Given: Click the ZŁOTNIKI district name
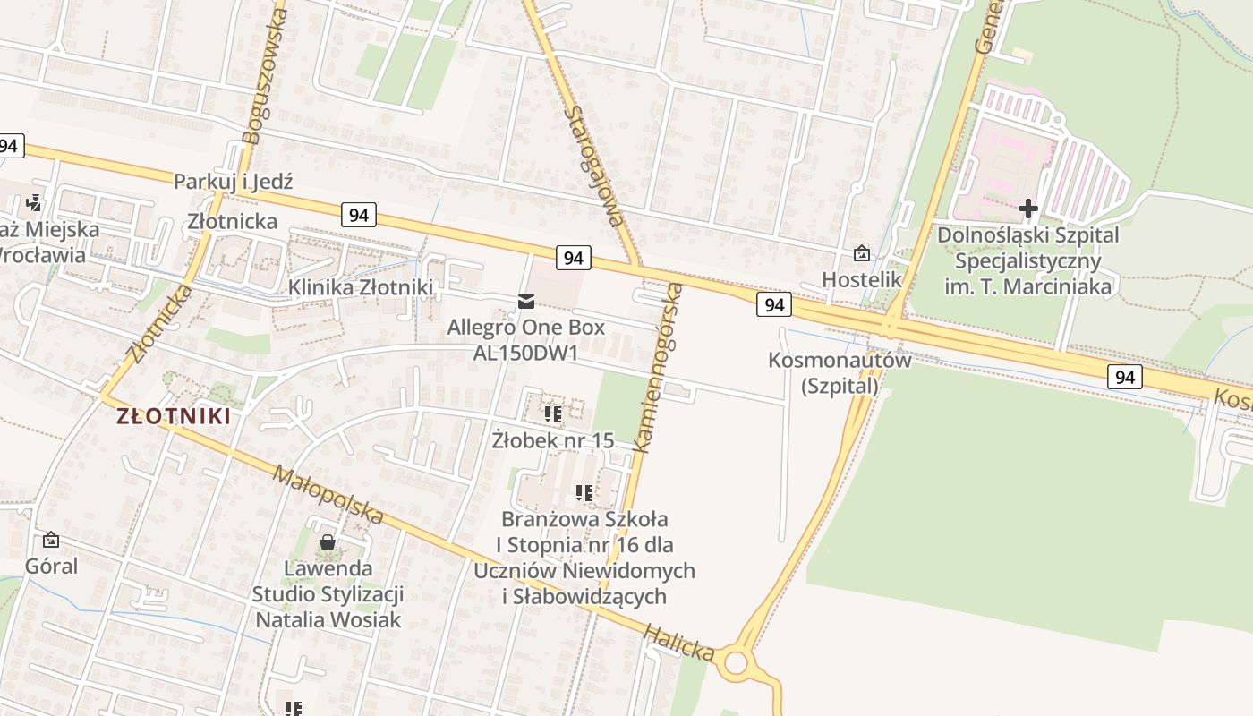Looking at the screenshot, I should click(x=174, y=416).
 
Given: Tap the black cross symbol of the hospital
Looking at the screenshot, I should click(x=1027, y=209).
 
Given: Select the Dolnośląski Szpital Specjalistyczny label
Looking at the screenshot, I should click(x=1027, y=260).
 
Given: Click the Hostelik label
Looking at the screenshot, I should click(x=862, y=279).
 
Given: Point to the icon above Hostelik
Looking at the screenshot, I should click(x=861, y=254).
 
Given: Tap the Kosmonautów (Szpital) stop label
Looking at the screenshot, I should click(x=840, y=372).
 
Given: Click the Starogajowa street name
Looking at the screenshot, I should click(x=594, y=166).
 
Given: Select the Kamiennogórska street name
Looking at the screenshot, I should click(x=658, y=367).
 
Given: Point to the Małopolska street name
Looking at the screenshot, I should click(x=328, y=495).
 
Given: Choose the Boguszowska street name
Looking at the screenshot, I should click(x=266, y=75).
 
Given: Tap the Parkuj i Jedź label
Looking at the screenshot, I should click(x=233, y=181).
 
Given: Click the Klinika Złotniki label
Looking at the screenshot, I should click(x=360, y=287).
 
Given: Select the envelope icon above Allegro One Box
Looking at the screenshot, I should click(x=525, y=302).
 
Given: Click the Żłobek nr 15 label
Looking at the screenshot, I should click(x=553, y=439).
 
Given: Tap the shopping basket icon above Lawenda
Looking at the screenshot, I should click(x=328, y=542).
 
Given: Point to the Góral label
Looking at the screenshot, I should click(x=51, y=566).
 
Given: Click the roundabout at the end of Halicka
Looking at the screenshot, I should click(x=736, y=663).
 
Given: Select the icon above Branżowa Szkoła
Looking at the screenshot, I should click(x=584, y=492).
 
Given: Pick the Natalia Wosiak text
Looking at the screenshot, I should click(x=328, y=619).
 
